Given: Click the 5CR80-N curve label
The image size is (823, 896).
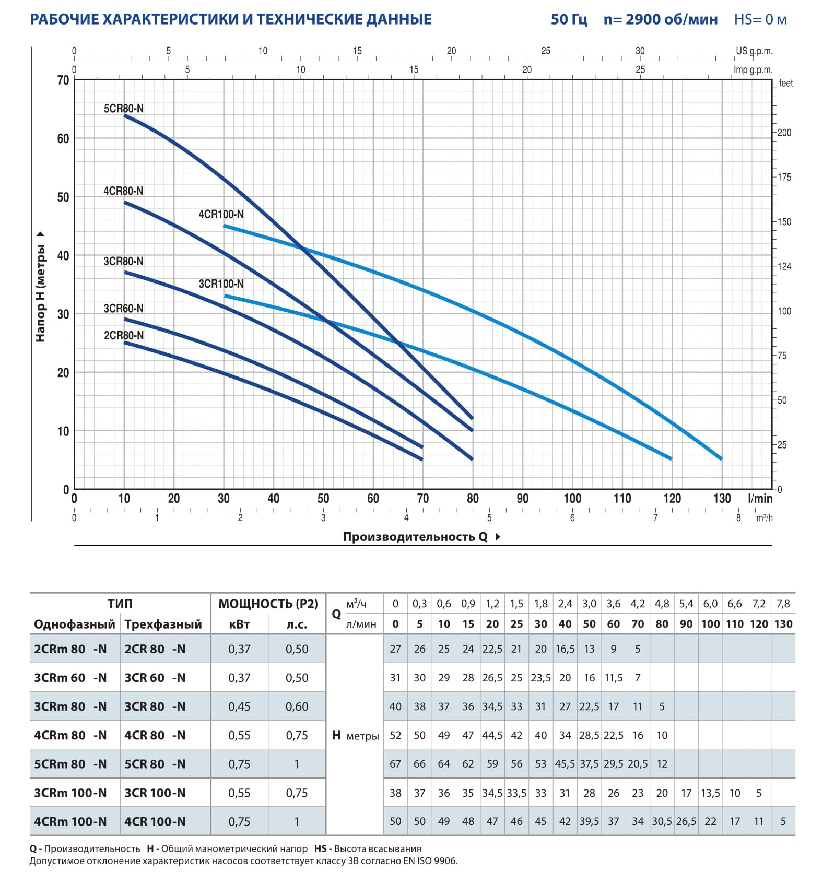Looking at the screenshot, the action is [x=123, y=109].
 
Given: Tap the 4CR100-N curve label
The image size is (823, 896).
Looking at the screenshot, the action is [x=221, y=214].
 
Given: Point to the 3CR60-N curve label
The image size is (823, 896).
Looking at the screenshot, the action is [x=123, y=308].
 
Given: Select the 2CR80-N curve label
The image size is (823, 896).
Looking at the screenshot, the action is [x=123, y=335].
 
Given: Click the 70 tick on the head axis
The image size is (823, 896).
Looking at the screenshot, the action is [x=63, y=80].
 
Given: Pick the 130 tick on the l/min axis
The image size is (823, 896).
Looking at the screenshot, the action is [x=722, y=498].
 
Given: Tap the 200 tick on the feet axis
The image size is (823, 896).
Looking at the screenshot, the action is [x=784, y=133].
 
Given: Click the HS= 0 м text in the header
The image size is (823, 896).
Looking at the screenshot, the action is [x=760, y=19].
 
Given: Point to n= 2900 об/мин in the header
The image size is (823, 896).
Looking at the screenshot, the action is [x=661, y=19].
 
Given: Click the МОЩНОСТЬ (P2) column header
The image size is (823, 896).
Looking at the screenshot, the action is [x=268, y=604].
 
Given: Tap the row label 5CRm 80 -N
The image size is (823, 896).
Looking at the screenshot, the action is [x=70, y=764].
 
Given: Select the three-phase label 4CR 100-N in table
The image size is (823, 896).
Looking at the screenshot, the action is [x=155, y=821].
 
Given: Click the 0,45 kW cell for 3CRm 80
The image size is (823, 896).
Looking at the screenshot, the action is [x=239, y=706].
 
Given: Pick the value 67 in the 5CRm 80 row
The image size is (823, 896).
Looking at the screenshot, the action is [x=395, y=764].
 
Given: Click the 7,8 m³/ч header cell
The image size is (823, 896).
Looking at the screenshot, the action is [x=783, y=604].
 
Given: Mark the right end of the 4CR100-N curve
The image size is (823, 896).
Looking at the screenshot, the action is [x=721, y=459].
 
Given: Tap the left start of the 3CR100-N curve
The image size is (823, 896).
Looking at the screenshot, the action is [x=225, y=296].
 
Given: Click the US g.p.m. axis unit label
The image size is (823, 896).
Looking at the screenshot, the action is [x=754, y=51].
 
